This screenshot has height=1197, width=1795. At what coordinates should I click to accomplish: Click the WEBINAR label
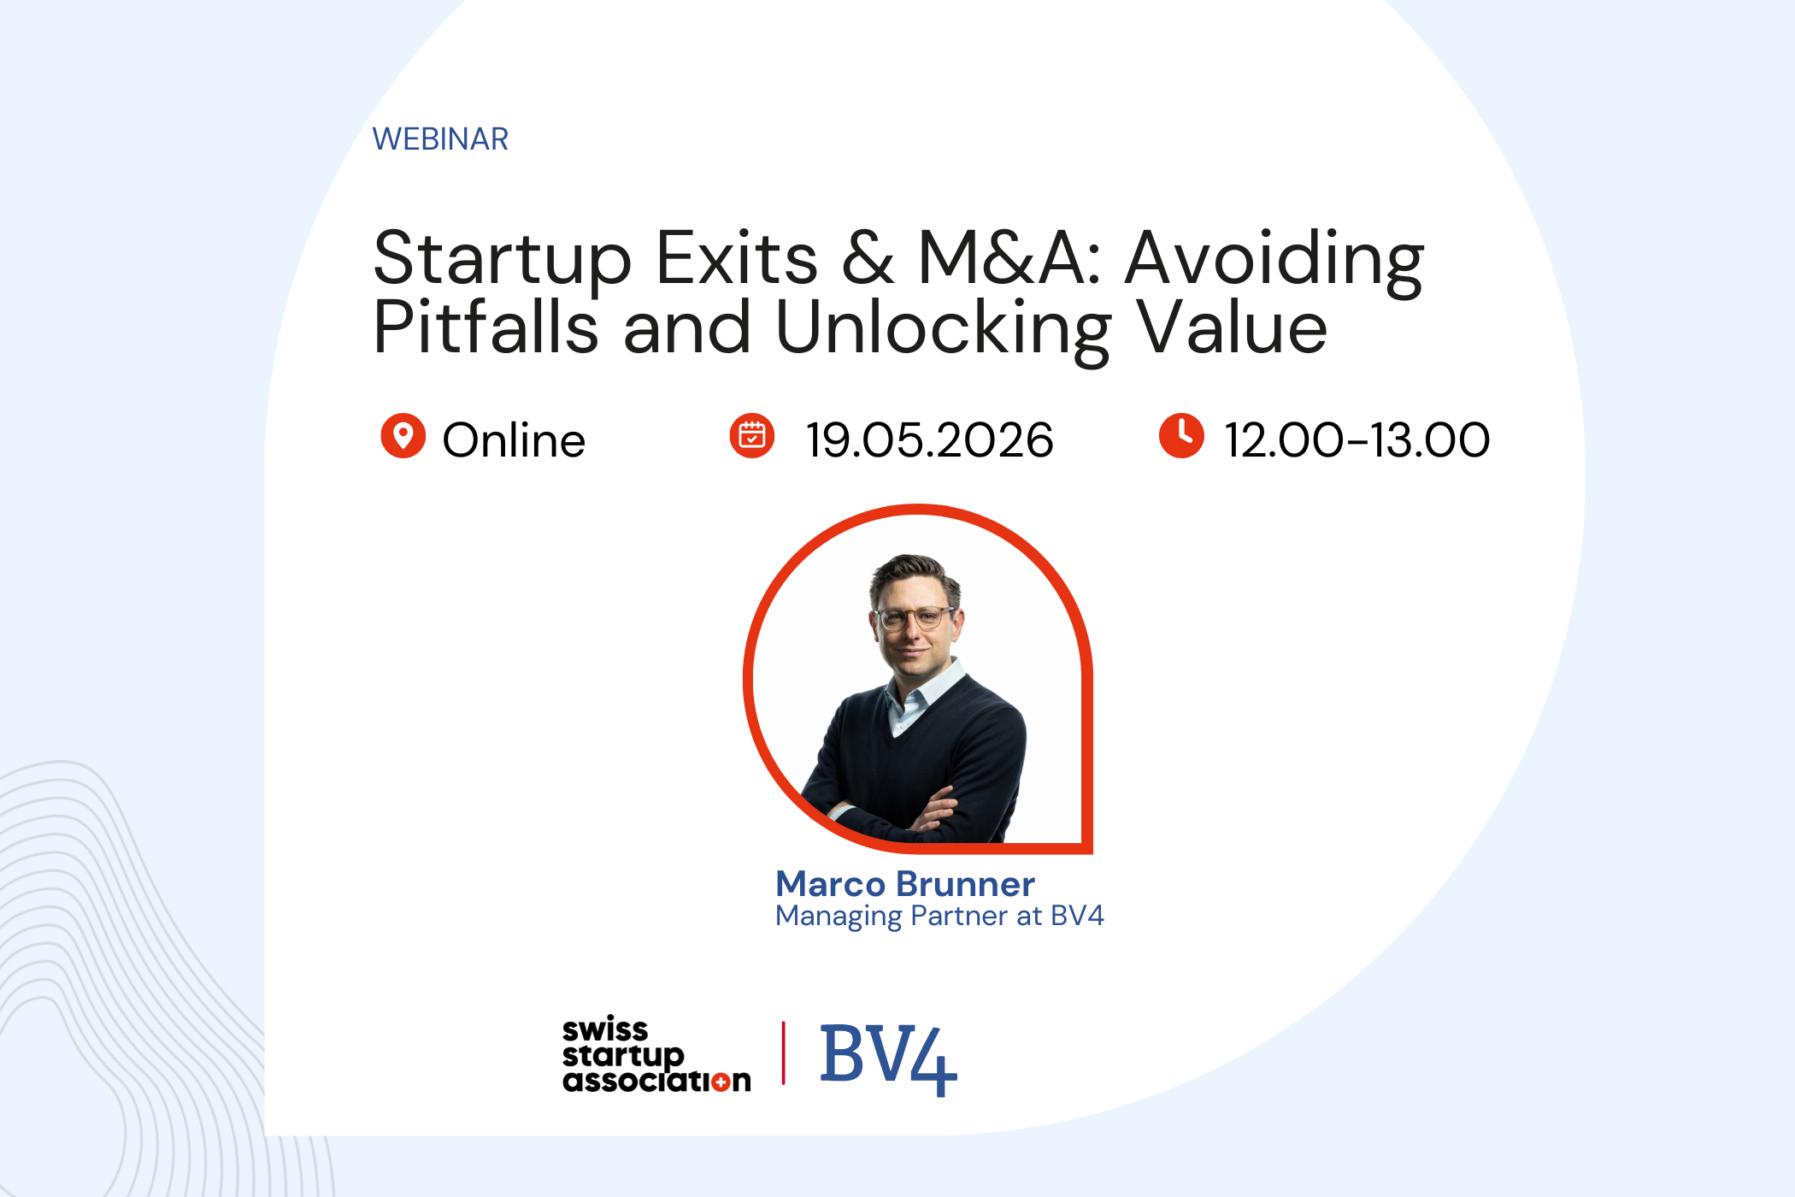(440, 139)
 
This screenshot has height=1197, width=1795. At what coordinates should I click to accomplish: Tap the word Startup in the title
(502, 259)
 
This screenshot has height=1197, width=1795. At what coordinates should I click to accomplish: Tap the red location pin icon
(403, 436)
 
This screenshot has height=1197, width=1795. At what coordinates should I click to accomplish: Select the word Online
(514, 440)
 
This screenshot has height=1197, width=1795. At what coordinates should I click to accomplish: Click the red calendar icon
(752, 436)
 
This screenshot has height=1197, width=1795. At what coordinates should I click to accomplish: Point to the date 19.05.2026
(929, 440)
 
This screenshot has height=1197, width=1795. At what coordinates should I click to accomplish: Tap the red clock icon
(1181, 436)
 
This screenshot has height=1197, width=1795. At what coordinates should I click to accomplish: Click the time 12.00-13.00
(1357, 440)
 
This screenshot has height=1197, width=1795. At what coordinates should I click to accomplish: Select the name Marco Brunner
(905, 883)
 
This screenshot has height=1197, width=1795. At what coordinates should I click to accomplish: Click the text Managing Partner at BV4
(939, 916)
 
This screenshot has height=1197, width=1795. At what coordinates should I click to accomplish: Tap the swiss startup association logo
(656, 1055)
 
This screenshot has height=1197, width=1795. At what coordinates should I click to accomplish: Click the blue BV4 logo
(888, 1058)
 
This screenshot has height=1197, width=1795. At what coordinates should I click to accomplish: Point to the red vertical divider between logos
(784, 1053)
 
